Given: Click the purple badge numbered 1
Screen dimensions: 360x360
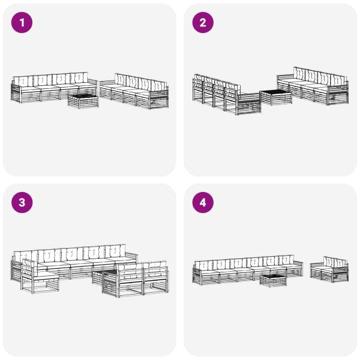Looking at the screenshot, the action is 22,23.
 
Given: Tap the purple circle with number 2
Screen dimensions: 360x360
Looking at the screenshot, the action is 203,23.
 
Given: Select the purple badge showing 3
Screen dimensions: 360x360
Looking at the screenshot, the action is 22,203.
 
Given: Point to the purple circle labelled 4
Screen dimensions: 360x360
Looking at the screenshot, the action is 203,203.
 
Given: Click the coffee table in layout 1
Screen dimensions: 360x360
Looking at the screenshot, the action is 83,101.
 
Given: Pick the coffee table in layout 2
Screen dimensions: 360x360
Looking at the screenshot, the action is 275,98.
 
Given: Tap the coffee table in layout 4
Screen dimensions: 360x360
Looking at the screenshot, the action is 273,281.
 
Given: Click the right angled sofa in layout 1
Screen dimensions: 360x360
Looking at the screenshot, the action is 134,91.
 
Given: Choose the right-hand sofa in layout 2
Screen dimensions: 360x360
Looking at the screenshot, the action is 313,86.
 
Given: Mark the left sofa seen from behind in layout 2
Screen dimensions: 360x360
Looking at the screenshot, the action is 227,95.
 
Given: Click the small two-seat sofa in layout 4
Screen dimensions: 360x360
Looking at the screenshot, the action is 329,269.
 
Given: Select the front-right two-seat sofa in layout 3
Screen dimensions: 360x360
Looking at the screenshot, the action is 136,279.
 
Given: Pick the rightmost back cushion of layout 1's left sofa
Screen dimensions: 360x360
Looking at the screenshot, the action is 79,78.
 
